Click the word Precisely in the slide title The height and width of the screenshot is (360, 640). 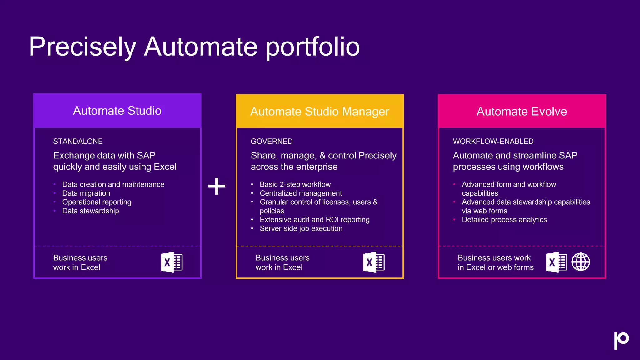(82, 47)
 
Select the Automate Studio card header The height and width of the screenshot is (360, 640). (117, 111)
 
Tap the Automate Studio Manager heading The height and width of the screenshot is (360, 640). (320, 112)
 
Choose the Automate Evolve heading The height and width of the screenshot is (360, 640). (522, 112)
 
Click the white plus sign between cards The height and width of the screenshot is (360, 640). (217, 186)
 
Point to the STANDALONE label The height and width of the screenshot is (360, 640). (78, 141)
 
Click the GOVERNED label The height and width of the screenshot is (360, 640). (272, 141)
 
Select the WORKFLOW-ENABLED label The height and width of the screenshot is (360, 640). (493, 141)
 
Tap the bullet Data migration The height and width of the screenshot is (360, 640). (86, 193)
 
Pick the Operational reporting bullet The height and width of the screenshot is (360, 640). (97, 202)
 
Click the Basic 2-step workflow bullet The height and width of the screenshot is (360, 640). (295, 184)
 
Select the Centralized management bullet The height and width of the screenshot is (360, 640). (301, 193)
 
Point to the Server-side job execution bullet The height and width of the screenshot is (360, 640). (301, 228)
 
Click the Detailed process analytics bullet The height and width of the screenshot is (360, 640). (504, 220)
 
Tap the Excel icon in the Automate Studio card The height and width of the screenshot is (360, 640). (172, 262)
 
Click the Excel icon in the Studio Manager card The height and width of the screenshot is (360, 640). (374, 262)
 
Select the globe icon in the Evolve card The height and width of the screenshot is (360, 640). (581, 262)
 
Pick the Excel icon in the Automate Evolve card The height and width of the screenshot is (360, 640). (556, 262)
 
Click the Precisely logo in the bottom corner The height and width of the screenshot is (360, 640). (621, 340)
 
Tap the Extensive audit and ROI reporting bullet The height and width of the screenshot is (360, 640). (314, 220)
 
